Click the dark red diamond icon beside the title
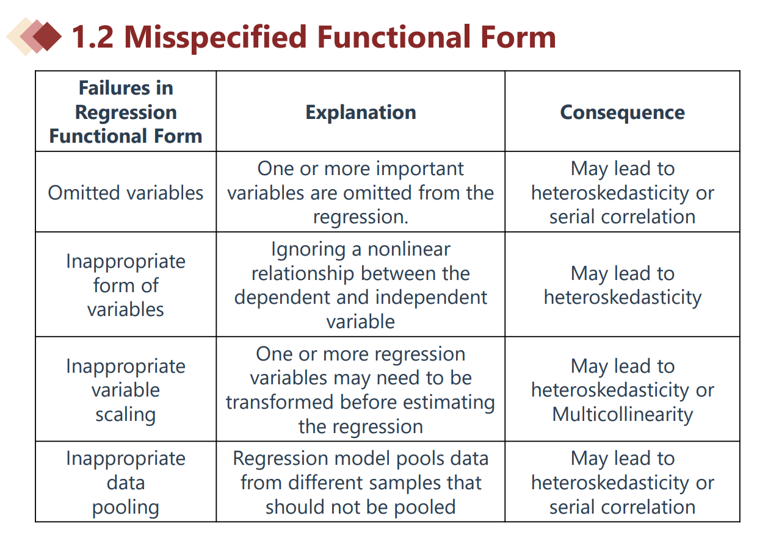pyautogui.click(x=48, y=37)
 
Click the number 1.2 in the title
pyautogui.click(x=93, y=37)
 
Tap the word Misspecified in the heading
pyautogui.click(x=216, y=38)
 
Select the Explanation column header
pyautogui.click(x=361, y=112)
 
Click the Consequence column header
pyautogui.click(x=622, y=112)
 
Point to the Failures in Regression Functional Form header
pyautogui.click(x=126, y=112)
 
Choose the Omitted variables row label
pyautogui.click(x=126, y=193)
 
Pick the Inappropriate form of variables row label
pyautogui.click(x=126, y=285)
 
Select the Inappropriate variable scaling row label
pyautogui.click(x=126, y=390)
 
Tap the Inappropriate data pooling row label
pyautogui.click(x=126, y=483)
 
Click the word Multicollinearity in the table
pyautogui.click(x=623, y=415)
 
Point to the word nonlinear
pyautogui.click(x=409, y=250)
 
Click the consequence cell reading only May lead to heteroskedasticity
pyautogui.click(x=623, y=285)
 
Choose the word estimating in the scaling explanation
pyautogui.click(x=452, y=403)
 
